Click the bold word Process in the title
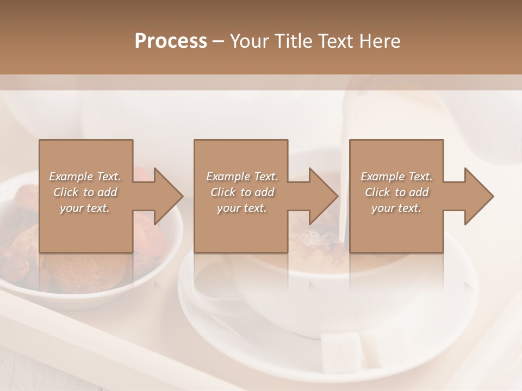point(171,41)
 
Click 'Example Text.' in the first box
point(85,176)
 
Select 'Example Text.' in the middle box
point(242,176)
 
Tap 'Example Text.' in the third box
point(396,176)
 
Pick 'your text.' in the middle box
point(241,207)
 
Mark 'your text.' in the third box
point(396,207)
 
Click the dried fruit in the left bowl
point(22,255)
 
